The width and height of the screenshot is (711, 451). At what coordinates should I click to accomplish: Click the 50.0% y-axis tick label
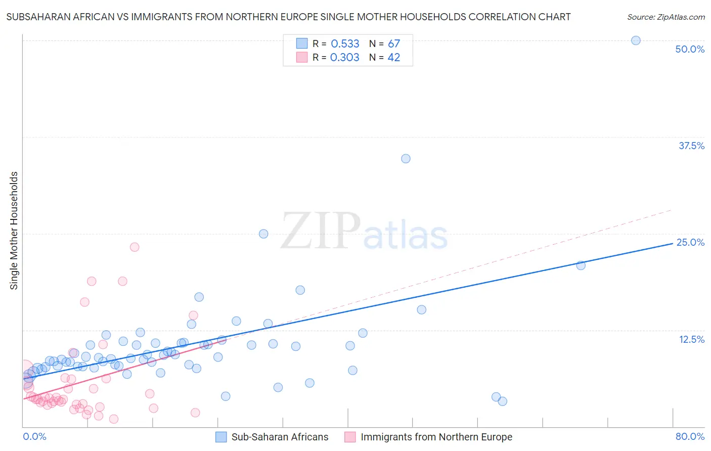pyautogui.click(x=690, y=49)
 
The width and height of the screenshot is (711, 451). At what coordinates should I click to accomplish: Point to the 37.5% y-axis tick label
pyautogui.click(x=691, y=146)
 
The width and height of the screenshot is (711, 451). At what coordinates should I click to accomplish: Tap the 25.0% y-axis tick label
pyautogui.click(x=690, y=242)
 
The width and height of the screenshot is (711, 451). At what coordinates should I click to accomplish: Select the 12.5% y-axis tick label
pyautogui.click(x=691, y=339)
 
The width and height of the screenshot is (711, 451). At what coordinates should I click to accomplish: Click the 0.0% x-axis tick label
pyautogui.click(x=34, y=436)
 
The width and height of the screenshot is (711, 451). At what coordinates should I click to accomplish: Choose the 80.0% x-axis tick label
pyautogui.click(x=690, y=436)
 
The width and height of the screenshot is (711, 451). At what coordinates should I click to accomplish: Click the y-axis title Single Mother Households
pyautogui.click(x=14, y=231)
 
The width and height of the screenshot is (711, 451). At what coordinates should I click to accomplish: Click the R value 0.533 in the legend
pyautogui.click(x=345, y=44)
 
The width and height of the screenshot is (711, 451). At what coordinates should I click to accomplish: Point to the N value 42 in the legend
pyautogui.click(x=393, y=58)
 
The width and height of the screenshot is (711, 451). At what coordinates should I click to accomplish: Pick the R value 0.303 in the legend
pyautogui.click(x=344, y=58)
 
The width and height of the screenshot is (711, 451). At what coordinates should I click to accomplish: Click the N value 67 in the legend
pyautogui.click(x=393, y=44)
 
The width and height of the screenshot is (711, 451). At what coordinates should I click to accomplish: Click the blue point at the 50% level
pyautogui.click(x=636, y=40)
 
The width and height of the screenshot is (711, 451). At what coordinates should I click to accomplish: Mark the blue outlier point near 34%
pyautogui.click(x=406, y=159)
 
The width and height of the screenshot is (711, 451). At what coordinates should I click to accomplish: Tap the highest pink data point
pyautogui.click(x=135, y=247)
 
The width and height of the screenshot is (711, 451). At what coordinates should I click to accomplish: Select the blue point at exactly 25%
pyautogui.click(x=263, y=234)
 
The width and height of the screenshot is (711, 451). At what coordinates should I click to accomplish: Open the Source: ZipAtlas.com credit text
pyautogui.click(x=665, y=17)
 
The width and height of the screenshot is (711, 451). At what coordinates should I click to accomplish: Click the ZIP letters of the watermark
pyautogui.click(x=321, y=231)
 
